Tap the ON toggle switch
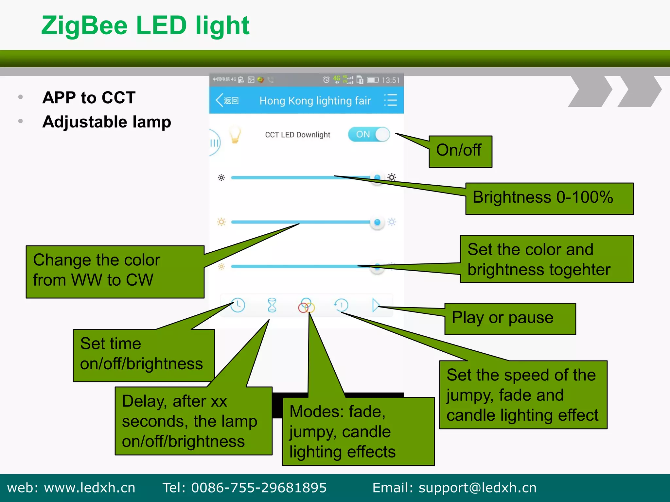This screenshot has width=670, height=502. [369, 134]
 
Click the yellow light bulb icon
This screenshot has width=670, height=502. [235, 135]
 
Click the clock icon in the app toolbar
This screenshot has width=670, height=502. [238, 305]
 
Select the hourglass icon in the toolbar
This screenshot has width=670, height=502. [272, 305]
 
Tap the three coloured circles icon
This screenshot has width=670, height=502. [306, 306]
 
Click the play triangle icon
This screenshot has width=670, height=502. [376, 305]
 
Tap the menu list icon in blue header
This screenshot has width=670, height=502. [390, 100]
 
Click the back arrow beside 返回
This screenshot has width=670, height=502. [219, 100]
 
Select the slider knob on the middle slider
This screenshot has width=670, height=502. [377, 223]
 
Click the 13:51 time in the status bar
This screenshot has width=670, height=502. [390, 80]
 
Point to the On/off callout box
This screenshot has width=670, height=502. [460, 151]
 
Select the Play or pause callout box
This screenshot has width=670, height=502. [510, 319]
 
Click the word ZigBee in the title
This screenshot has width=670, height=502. [84, 26]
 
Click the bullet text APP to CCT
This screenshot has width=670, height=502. [89, 97]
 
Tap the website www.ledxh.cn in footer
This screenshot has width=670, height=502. [89, 488]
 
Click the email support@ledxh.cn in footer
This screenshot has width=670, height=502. [477, 488]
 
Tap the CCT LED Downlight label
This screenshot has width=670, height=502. [297, 135]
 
